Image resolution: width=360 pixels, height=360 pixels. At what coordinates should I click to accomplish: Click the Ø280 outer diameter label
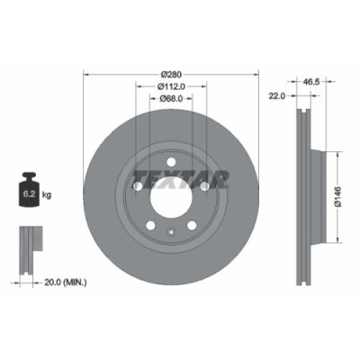pos(171,75)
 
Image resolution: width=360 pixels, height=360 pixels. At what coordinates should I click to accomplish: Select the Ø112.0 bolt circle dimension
pos(171,86)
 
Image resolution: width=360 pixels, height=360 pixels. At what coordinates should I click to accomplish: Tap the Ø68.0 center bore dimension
pos(171,98)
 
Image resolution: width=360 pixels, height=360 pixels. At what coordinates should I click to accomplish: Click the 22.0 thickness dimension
pos(277,94)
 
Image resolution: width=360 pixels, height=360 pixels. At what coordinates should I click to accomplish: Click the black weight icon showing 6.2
pos(28,192)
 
